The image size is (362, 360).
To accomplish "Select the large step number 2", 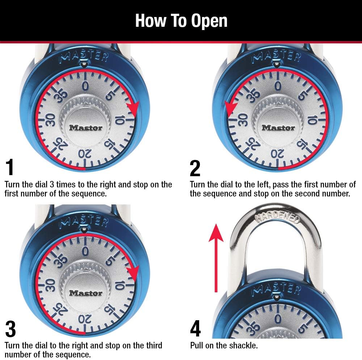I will pos(195,168).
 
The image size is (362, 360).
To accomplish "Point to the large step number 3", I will pos(10,329).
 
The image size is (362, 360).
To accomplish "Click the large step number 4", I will pos(195,329).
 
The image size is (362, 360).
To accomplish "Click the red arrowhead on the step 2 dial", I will pos(231,107).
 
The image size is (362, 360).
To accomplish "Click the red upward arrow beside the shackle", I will pos(216,257).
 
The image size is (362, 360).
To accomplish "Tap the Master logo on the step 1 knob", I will pos(86,127).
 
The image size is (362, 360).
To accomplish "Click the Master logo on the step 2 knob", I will pos(278,127).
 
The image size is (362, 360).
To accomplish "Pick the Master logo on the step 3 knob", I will pos(86,293).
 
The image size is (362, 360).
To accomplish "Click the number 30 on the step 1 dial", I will pos(50,119).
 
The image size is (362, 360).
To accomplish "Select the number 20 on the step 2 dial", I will pos(275,154).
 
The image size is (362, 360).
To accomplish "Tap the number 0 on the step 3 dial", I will pos(85,251).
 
